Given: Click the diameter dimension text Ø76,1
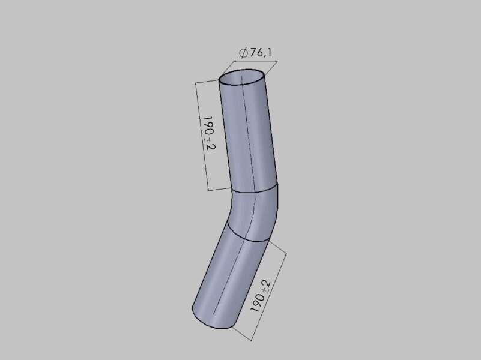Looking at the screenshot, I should point(255,53).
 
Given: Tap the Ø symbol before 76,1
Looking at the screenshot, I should point(243,53).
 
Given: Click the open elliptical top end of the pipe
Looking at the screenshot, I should point(241,79).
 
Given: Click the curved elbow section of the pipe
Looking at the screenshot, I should point(252,213).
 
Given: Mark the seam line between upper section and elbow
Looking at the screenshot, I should point(255,191).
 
